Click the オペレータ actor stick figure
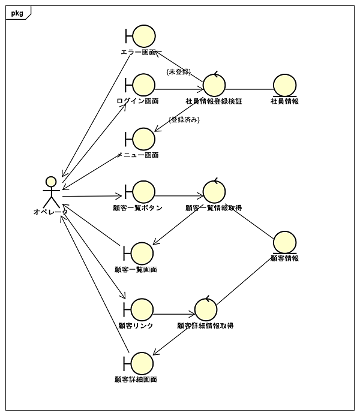point(52,191)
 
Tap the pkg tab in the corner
point(17,13)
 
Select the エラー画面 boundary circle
point(143,37)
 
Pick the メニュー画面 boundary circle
point(143,139)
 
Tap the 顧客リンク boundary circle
point(142,310)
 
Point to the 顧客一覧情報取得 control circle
point(214,192)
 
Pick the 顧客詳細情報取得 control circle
point(206,309)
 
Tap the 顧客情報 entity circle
point(284,242)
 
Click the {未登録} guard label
point(179,72)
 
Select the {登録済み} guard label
point(184,120)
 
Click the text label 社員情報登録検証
point(214,101)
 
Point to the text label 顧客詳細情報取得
point(205,325)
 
